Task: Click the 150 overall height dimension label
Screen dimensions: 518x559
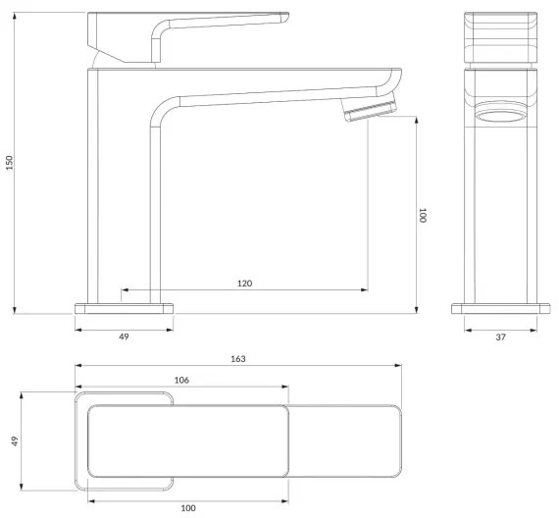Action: [x=10, y=162]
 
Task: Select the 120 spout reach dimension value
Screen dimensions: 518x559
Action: [x=244, y=283]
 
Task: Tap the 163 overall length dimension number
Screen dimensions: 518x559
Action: [x=238, y=359]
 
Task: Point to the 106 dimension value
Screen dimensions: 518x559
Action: [x=180, y=380]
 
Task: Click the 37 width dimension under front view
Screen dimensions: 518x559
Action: [x=500, y=337]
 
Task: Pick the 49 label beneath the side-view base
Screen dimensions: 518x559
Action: [x=125, y=337]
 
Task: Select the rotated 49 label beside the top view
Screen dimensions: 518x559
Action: [x=14, y=441]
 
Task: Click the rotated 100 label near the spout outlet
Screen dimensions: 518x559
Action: [x=424, y=216]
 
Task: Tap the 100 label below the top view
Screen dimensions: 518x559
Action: [x=188, y=507]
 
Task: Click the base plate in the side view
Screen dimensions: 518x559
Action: [x=125, y=308]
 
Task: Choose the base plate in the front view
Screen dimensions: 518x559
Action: [x=499, y=308]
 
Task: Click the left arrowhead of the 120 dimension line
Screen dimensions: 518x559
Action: [x=124, y=290]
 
